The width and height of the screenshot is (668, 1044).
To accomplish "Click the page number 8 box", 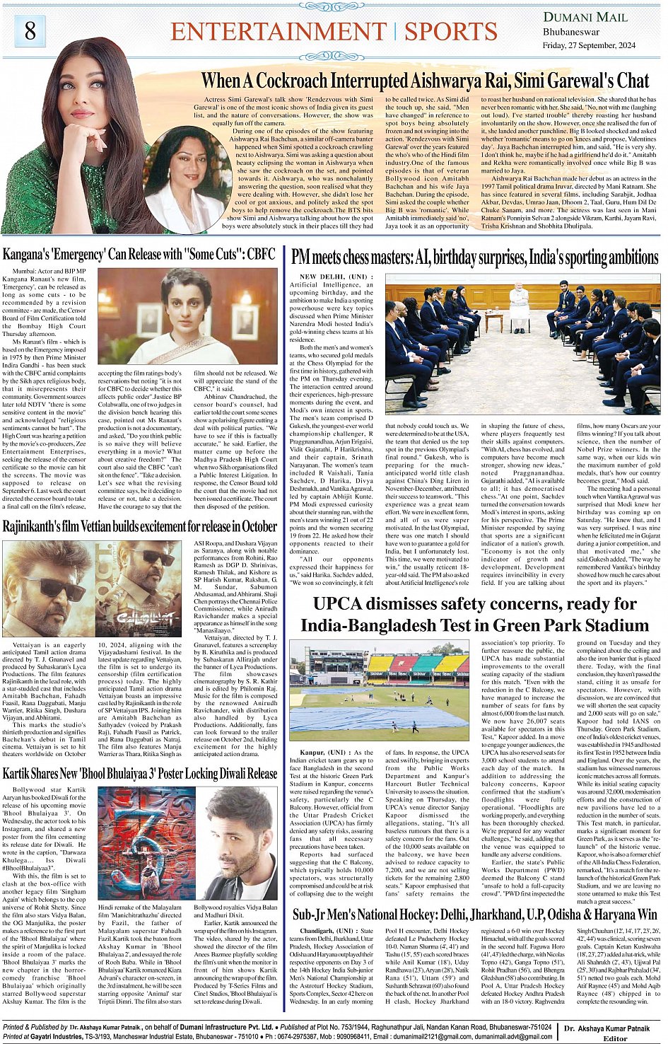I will pyautogui.click(x=30, y=30).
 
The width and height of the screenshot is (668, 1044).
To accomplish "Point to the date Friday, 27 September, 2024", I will pyautogui.click(x=589, y=45).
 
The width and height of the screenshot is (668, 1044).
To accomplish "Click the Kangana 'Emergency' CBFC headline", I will pyautogui.click(x=139, y=255).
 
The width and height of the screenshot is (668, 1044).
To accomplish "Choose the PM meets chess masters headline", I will pyautogui.click(x=474, y=256).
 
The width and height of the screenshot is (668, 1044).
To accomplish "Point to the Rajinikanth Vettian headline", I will pyautogui.click(x=139, y=526).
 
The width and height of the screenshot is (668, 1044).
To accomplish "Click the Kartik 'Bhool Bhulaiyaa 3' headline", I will pyautogui.click(x=139, y=773).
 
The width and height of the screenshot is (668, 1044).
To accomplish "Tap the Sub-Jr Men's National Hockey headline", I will pyautogui.click(x=474, y=915).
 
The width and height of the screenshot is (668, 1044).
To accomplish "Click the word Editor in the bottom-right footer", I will pyautogui.click(x=614, y=1038).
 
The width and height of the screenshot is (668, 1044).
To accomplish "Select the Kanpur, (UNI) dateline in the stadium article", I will pyautogui.click(x=324, y=753).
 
